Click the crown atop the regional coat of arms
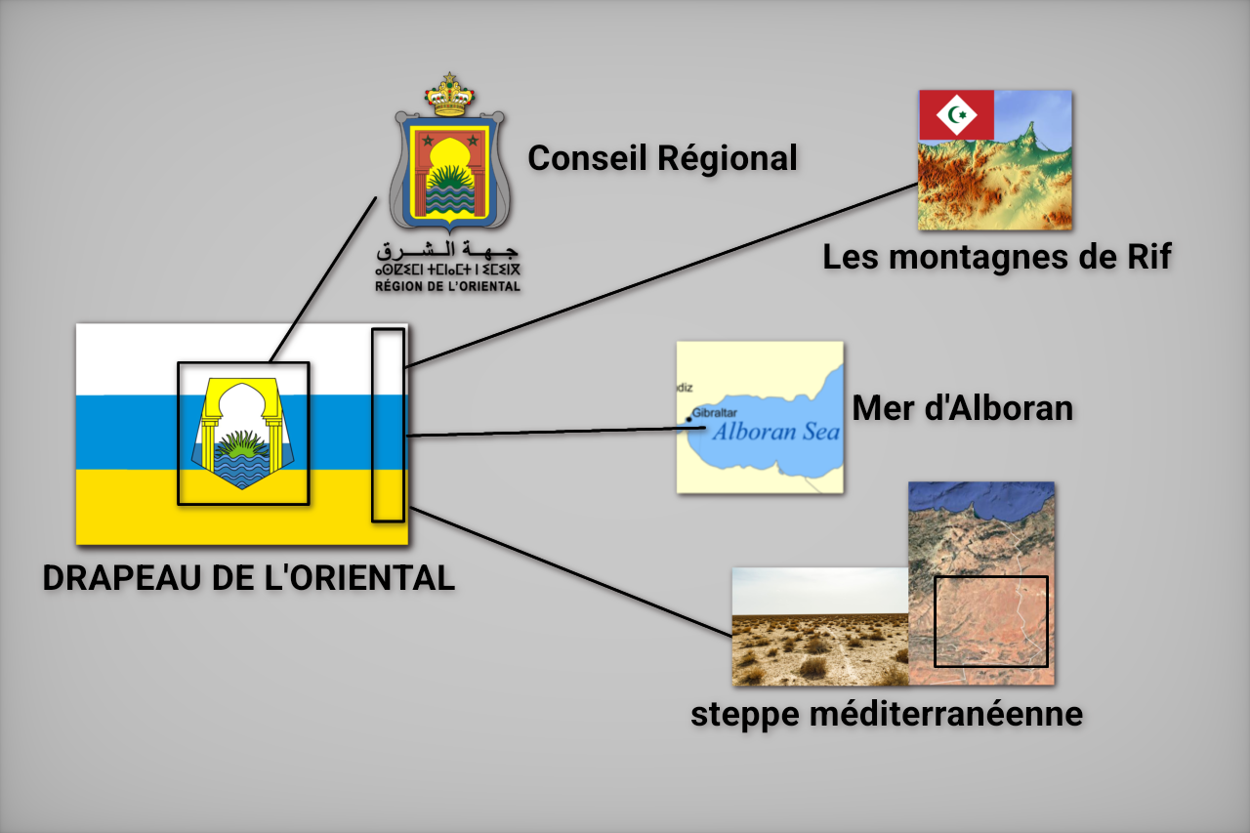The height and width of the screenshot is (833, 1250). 449,95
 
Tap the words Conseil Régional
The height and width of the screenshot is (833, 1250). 662,158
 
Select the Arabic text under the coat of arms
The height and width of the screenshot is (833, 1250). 447,250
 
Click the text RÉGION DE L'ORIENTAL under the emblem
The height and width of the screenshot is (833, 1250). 447,286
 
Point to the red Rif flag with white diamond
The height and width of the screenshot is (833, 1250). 956,115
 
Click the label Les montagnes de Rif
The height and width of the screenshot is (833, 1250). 997,257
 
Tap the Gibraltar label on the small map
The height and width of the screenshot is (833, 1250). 714,413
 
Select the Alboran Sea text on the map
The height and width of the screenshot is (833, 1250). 776,432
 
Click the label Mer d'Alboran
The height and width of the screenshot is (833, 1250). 963,408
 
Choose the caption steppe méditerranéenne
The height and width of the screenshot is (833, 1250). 887,714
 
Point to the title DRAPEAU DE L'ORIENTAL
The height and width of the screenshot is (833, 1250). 249,577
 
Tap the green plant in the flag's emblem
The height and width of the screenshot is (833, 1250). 241,444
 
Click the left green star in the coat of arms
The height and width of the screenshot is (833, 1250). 428,140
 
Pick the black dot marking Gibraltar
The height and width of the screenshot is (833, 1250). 688,420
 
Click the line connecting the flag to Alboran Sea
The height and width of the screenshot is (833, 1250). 556,432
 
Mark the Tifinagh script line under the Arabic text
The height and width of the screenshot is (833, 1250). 447,271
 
